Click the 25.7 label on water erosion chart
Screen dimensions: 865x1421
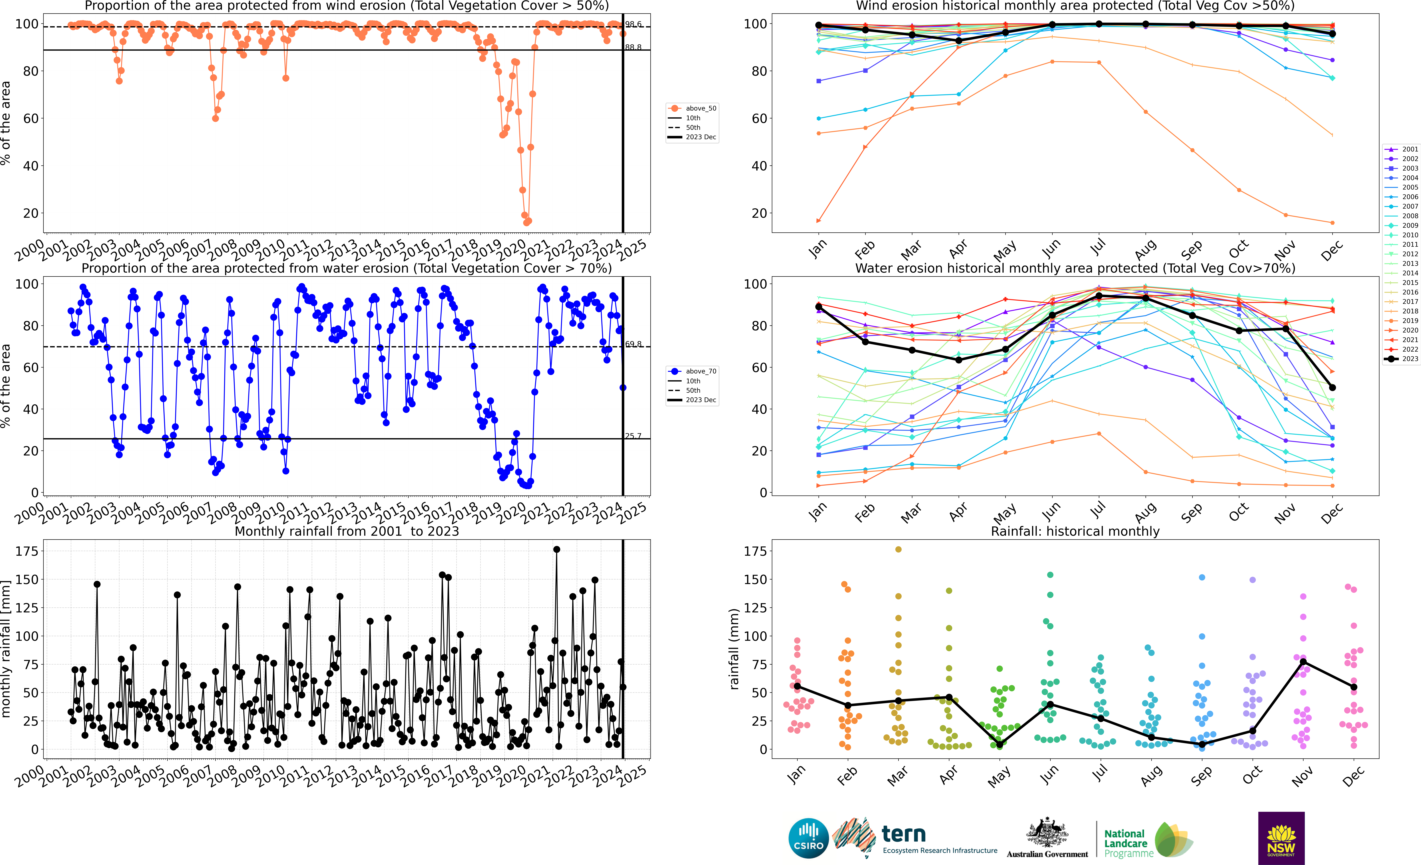[633, 436]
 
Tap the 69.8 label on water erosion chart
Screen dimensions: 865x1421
[633, 344]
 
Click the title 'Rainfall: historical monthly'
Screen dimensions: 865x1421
[1075, 531]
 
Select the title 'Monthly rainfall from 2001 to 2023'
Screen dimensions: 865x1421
[347, 531]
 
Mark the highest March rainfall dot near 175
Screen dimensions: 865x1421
[898, 550]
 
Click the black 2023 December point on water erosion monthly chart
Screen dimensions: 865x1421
[1332, 388]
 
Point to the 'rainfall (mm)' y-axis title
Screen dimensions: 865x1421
[734, 649]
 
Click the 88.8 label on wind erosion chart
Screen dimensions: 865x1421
[633, 47]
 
